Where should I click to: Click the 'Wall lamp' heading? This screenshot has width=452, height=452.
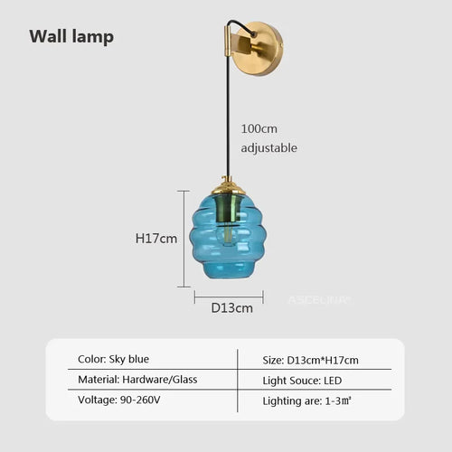(x=71, y=37)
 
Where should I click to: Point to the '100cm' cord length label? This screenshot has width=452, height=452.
(x=259, y=129)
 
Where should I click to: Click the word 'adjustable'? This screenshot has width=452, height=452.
(x=268, y=148)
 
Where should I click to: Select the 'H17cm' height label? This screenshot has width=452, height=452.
(x=156, y=239)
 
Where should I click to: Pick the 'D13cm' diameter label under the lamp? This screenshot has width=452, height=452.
(x=231, y=308)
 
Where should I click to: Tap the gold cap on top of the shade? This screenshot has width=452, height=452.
(x=229, y=187)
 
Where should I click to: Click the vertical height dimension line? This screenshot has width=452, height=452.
(x=184, y=239)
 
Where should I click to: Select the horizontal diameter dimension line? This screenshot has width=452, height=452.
(x=229, y=297)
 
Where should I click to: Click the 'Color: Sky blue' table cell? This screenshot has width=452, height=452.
(x=113, y=359)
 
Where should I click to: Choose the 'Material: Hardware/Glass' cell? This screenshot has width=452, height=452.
(x=137, y=380)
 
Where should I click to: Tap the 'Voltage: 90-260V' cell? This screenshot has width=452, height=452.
(x=119, y=400)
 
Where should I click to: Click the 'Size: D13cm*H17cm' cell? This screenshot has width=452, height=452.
(x=310, y=360)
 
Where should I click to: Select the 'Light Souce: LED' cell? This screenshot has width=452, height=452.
(x=302, y=381)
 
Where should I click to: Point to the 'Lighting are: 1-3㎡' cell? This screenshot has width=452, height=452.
(x=306, y=401)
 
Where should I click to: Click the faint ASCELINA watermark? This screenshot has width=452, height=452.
(x=319, y=300)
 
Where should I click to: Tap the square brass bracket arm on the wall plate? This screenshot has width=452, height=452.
(x=241, y=43)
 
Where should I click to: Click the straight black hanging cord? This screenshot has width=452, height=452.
(x=228, y=116)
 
